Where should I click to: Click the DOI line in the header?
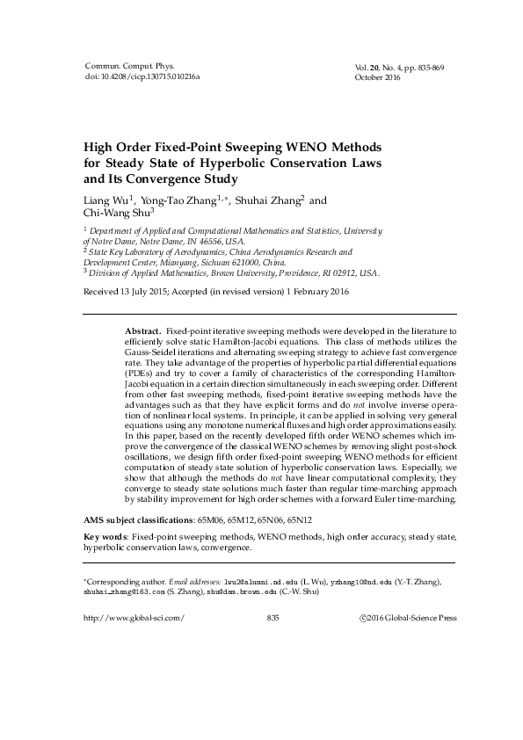(x=142, y=77)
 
